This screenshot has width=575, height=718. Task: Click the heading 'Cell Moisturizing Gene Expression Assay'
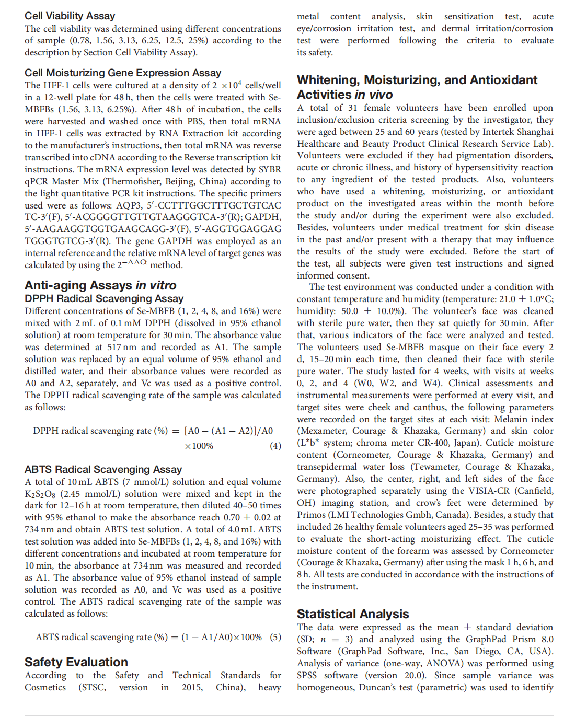click(123, 73)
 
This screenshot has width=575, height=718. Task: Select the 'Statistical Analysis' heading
click(353, 614)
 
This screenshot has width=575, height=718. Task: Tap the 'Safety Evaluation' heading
click(76, 662)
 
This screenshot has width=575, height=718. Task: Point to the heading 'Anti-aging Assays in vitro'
click(100, 285)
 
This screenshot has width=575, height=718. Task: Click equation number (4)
click(275, 446)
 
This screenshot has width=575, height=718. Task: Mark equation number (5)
click(275, 637)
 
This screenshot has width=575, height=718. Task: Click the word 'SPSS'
click(307, 675)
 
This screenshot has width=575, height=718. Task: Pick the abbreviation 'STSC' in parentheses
click(93, 687)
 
